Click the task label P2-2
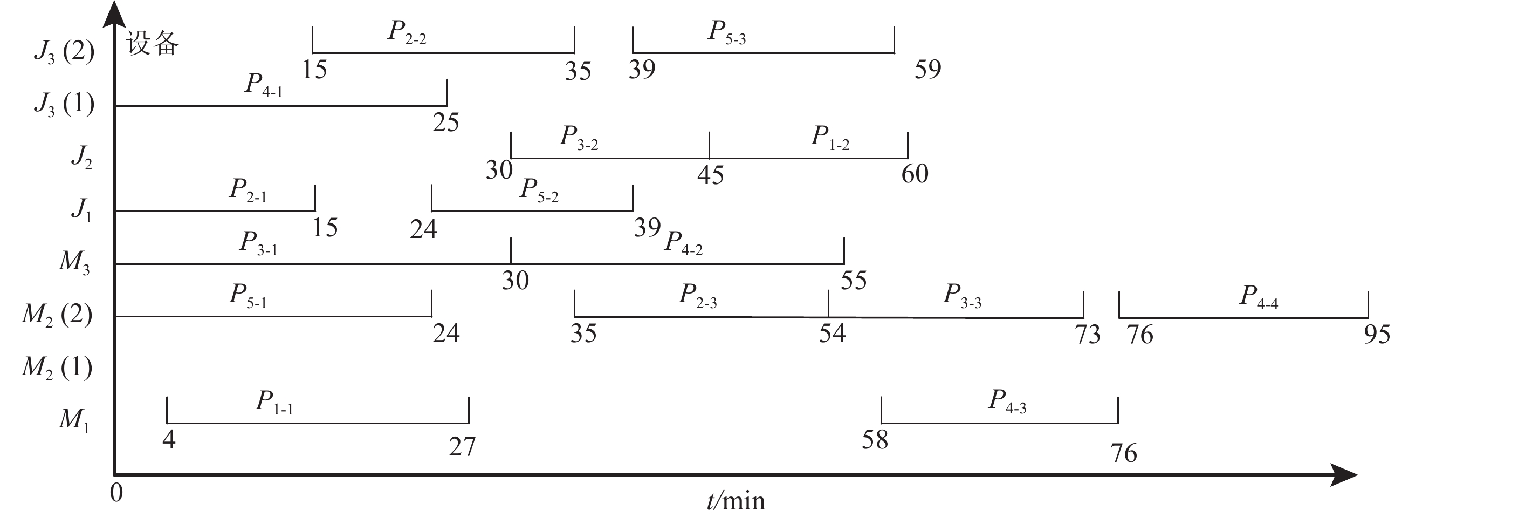pyautogui.click(x=407, y=32)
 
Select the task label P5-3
pyautogui.click(x=726, y=32)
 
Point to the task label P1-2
pyautogui.click(x=830, y=138)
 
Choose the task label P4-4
pyautogui.click(x=1259, y=297)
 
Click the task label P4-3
pyautogui.click(x=1007, y=401)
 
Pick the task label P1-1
pyautogui.click(x=274, y=402)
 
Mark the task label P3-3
pyautogui.click(x=962, y=296)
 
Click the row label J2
pyautogui.click(x=82, y=157)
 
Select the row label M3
pyautogui.click(x=74, y=262)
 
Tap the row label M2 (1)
pyautogui.click(x=57, y=368)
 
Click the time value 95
pyautogui.click(x=1377, y=334)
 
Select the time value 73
pyautogui.click(x=1087, y=334)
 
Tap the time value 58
pyautogui.click(x=875, y=440)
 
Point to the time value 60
pyautogui.click(x=915, y=174)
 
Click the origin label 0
pyautogui.click(x=116, y=493)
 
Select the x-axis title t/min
pyautogui.click(x=736, y=501)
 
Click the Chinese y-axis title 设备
pyautogui.click(x=153, y=44)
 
